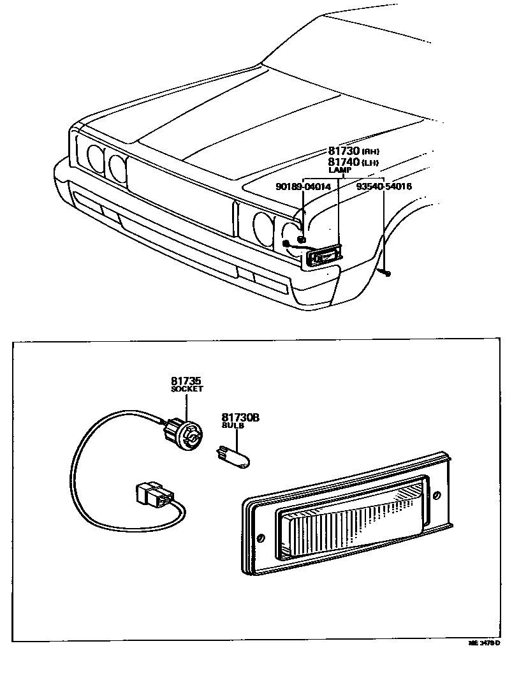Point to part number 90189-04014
(303, 187)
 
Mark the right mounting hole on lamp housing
(437, 496)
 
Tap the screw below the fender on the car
(387, 273)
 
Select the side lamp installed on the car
(323, 256)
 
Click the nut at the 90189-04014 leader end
(302, 240)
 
